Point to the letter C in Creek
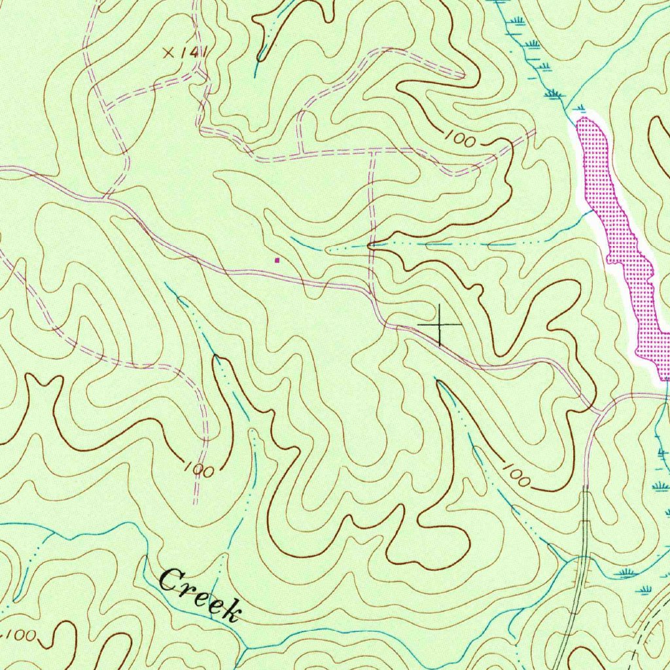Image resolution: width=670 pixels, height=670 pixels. tap(171, 580)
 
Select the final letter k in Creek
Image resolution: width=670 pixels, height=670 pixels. tap(230, 611)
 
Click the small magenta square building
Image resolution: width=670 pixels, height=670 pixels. tap(277, 260)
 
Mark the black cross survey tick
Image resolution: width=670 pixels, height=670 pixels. tap(439, 325)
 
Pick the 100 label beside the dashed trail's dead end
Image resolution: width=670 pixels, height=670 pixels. tap(196, 470)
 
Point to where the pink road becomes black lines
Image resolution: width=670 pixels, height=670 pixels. tap(586, 487)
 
